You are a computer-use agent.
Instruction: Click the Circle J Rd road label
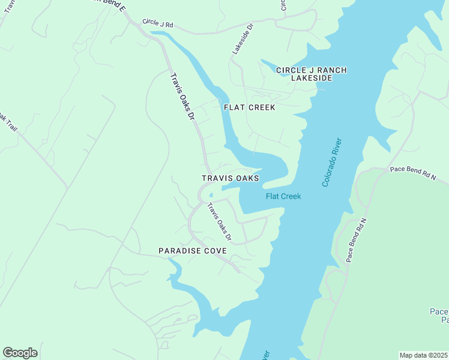tap(158, 23)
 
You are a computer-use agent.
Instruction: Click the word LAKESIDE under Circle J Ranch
tap(312, 78)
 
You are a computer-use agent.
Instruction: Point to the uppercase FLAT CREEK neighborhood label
tap(249, 107)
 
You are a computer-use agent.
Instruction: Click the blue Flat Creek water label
tap(283, 196)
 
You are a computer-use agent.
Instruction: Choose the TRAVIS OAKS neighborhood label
tap(231, 178)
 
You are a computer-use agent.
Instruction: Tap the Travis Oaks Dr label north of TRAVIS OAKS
tap(183, 95)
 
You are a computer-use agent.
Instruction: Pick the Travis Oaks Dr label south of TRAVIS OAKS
tap(220, 223)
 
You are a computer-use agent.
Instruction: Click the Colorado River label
tap(331, 163)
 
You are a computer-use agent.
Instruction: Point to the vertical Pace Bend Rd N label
tap(356, 238)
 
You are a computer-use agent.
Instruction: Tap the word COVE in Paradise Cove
tap(215, 250)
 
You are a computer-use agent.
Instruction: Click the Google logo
tap(20, 353)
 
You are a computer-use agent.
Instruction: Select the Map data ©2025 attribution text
tap(423, 355)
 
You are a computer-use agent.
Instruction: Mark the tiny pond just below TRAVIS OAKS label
tap(211, 195)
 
